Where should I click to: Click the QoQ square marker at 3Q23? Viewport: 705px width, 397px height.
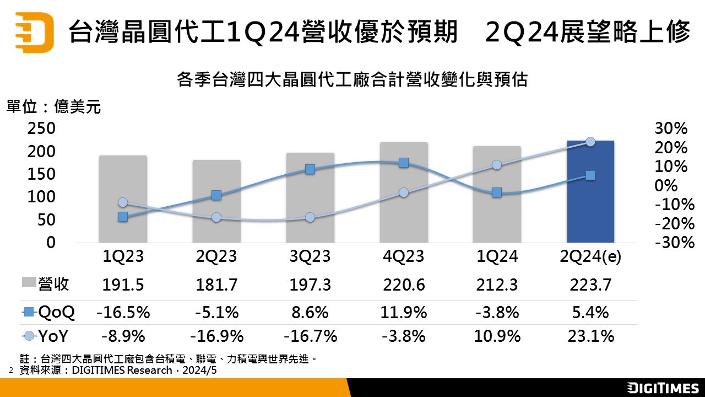[x=310, y=169]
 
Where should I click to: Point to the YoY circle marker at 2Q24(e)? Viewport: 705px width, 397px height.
[x=590, y=142]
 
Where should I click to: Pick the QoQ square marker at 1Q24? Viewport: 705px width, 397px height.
[x=497, y=192]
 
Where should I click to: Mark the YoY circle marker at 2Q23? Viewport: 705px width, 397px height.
[x=216, y=217]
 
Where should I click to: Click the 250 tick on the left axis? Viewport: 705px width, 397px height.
[x=41, y=128]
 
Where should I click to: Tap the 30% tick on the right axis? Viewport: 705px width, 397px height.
[x=671, y=128]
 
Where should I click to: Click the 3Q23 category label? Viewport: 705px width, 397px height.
[x=310, y=257]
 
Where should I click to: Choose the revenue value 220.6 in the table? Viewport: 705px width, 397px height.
[x=403, y=285]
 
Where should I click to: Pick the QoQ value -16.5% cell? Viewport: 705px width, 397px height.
[x=123, y=313]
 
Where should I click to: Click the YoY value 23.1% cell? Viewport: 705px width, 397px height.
[x=590, y=336]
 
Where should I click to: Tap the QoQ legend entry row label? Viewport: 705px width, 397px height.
[x=48, y=313]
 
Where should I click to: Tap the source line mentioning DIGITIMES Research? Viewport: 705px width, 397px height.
[x=117, y=371]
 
